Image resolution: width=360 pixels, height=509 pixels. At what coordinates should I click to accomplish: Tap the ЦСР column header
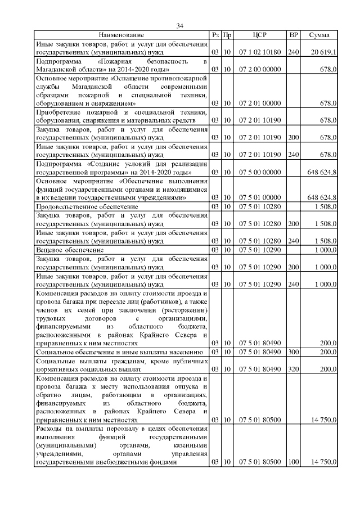coord(260,35)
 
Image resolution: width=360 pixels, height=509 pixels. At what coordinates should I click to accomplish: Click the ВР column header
coord(292,35)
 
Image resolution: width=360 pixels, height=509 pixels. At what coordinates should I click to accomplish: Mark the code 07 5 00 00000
coord(260,172)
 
